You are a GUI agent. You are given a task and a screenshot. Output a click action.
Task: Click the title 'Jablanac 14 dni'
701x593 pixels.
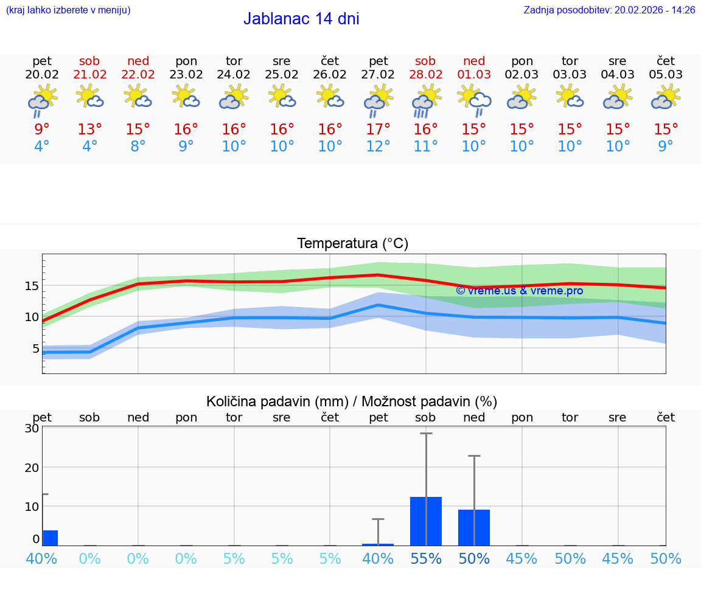(x=301, y=19)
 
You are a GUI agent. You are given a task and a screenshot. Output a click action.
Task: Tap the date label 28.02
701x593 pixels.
(x=425, y=75)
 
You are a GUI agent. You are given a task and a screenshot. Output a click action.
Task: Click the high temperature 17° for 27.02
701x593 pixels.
(x=378, y=130)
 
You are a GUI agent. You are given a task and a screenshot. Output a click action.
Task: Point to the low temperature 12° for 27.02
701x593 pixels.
(x=378, y=147)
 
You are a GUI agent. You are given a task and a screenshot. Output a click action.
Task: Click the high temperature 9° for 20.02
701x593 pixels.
(x=42, y=130)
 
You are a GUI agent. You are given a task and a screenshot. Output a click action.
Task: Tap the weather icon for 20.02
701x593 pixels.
(x=42, y=100)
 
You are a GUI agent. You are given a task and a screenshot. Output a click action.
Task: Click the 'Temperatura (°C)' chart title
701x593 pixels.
(x=352, y=244)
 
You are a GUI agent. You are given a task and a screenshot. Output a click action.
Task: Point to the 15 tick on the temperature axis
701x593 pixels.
(x=32, y=285)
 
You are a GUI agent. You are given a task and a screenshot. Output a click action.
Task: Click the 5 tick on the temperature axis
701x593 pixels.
(x=35, y=349)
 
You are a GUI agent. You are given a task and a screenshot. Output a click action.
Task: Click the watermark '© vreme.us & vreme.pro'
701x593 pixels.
(x=519, y=291)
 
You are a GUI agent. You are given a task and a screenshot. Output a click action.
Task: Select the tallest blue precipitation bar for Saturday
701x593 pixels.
(x=426, y=521)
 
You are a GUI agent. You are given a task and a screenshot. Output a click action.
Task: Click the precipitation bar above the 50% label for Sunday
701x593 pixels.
(x=474, y=527)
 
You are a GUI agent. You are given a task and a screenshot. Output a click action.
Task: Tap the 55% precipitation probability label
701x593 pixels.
(x=426, y=558)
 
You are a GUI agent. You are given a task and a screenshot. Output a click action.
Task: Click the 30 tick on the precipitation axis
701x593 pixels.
(x=32, y=428)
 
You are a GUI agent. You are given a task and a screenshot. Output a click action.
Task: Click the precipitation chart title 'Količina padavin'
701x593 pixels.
(x=277, y=401)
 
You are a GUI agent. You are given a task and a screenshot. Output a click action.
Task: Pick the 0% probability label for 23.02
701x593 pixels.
(x=186, y=558)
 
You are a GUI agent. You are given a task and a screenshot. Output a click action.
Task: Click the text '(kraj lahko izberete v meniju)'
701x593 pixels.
(x=68, y=10)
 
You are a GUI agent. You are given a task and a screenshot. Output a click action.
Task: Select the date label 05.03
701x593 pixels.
(x=666, y=75)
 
